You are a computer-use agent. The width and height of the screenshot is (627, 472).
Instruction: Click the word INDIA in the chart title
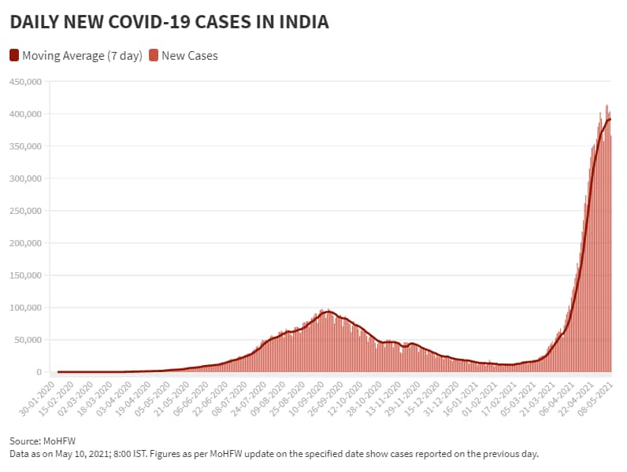[x=300, y=23]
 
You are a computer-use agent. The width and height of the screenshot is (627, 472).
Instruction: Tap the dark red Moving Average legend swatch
[x=14, y=55]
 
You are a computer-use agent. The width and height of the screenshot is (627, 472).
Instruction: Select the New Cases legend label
[x=189, y=55]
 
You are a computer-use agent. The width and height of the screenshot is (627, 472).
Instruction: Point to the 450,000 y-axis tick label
[x=24, y=82]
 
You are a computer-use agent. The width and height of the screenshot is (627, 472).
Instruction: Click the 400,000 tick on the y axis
[x=24, y=114]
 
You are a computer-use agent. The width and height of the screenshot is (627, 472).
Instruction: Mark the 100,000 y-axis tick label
[x=24, y=308]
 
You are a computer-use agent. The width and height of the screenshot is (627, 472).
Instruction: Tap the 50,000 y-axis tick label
[x=26, y=340]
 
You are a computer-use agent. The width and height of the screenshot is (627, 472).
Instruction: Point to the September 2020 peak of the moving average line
[x=328, y=312]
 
